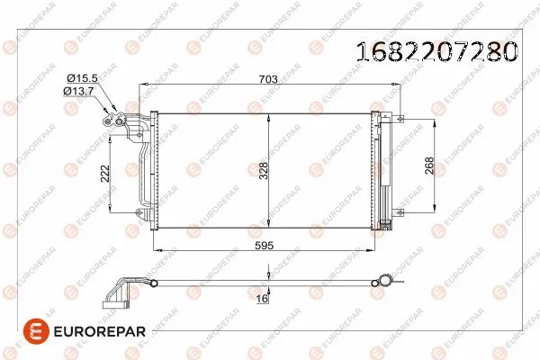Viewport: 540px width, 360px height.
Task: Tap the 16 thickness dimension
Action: coord(262,297)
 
